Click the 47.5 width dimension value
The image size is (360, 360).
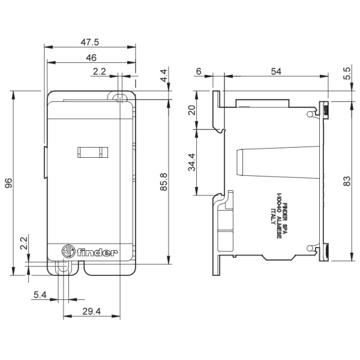91,42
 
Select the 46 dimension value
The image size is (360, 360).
91,58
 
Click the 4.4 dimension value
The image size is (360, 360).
163,76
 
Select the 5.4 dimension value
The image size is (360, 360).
40,295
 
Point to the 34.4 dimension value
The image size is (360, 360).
191,161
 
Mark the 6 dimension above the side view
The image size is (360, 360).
199,71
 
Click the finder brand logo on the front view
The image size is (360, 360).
90,253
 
